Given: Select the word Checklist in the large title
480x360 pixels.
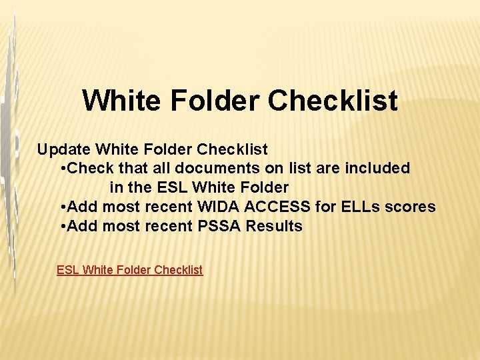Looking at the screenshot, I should coord(333,101).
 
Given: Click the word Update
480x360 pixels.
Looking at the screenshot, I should coord(64,149).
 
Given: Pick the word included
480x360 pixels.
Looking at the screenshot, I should coord(377,169).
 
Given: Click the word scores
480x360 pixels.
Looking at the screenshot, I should coord(411,207).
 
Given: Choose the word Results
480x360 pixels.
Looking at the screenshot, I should coord(274,227).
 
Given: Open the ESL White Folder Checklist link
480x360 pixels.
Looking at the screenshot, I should coord(129,270).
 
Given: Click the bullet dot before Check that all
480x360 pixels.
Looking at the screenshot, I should coord(63,169).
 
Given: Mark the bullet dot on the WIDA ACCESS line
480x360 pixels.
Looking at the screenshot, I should coord(63,208).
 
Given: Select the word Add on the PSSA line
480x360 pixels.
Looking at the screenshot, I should coord(83,227).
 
